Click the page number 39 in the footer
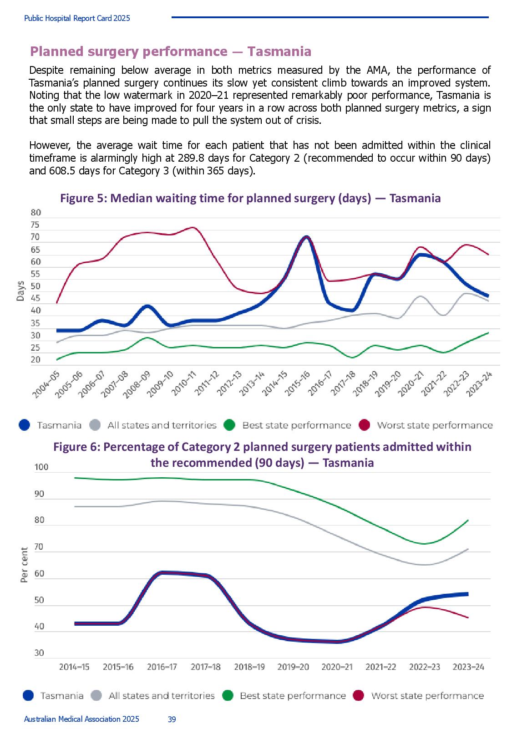(x=172, y=719)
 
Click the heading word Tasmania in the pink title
(x=279, y=51)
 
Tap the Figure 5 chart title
(x=250, y=198)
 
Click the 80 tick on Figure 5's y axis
(x=35, y=213)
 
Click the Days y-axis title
(x=20, y=291)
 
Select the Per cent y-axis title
(x=24, y=565)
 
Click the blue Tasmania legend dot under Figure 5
(x=25, y=425)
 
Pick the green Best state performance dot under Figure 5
(x=229, y=425)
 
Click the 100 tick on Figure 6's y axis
(x=41, y=467)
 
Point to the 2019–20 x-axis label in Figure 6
(x=293, y=667)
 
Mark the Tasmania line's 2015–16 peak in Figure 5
(x=306, y=237)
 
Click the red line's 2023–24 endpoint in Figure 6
(x=468, y=618)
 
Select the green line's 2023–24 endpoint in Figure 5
(x=488, y=333)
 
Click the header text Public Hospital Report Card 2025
(x=77, y=18)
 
